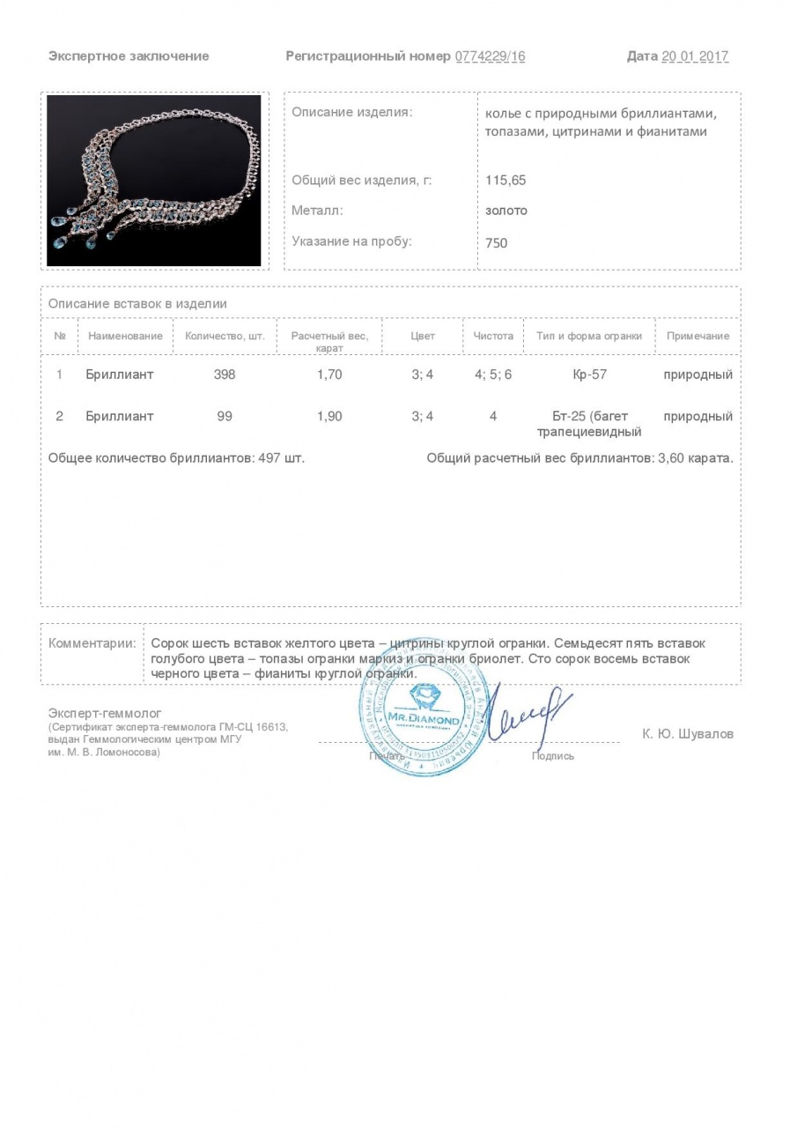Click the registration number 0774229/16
(x=490, y=56)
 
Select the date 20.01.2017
(x=695, y=56)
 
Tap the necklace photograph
(x=154, y=181)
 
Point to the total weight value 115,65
(x=506, y=180)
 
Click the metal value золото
(x=506, y=211)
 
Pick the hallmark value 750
(x=497, y=242)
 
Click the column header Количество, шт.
(x=225, y=336)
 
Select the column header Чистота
(x=493, y=336)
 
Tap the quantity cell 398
(x=225, y=375)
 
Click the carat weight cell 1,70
(x=329, y=375)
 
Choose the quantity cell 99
(x=225, y=416)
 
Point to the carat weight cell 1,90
(x=329, y=416)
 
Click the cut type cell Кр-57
(x=589, y=375)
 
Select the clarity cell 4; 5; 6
(x=493, y=375)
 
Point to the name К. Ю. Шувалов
(x=688, y=734)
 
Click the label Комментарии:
(x=92, y=643)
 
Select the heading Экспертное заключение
(x=129, y=56)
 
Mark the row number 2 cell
(x=60, y=416)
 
